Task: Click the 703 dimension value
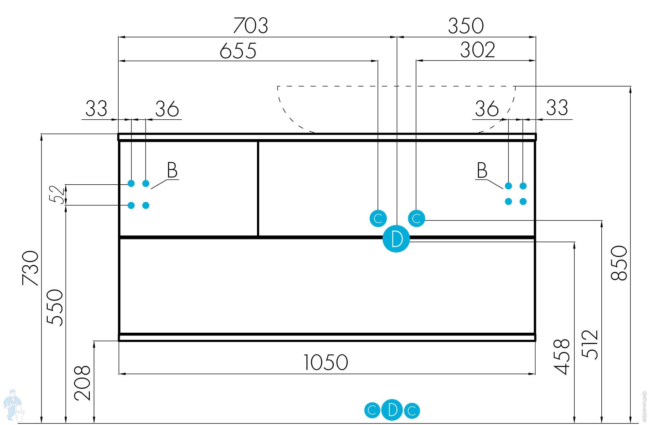[x=250, y=25]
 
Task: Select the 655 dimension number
[x=238, y=50]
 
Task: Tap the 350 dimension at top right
[x=466, y=26]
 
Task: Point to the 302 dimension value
[x=477, y=50]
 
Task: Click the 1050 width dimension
[x=326, y=362]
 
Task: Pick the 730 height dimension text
[x=31, y=268]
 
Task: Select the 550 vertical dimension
[x=55, y=307]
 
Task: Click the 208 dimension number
[x=82, y=383]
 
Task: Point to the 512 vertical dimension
[x=590, y=344]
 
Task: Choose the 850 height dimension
[x=619, y=263]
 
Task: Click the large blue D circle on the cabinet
[x=396, y=239]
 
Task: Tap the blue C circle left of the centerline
[x=378, y=218]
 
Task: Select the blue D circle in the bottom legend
[x=392, y=410]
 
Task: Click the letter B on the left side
[x=172, y=170]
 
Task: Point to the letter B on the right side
[x=482, y=170]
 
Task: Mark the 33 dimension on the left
[x=96, y=109]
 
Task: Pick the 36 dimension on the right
[x=487, y=109]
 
